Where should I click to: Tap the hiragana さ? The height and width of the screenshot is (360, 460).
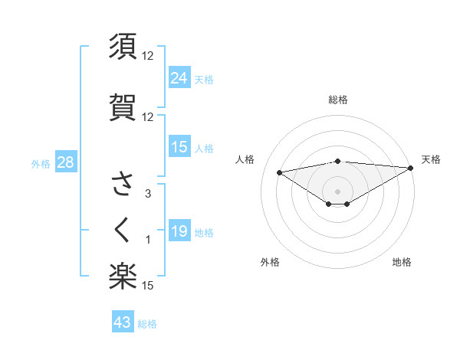coord(123,184)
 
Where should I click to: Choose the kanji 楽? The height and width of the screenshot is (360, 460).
coord(123,277)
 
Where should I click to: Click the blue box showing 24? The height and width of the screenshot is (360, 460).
coord(179,77)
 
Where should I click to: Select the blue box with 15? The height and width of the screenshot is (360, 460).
coord(179,147)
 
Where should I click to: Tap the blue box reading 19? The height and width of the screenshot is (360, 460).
coord(179,231)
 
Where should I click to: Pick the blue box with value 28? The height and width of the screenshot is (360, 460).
coord(65,162)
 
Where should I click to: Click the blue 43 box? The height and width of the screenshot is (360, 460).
coord(123,322)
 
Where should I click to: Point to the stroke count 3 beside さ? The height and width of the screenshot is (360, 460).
coord(148,194)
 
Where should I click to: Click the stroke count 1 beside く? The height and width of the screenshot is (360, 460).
coord(148,241)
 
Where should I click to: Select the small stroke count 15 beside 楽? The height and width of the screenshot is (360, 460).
coord(148,286)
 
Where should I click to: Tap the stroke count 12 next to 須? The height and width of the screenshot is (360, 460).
coord(148,55)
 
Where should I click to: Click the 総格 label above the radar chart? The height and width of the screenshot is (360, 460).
coord(337,100)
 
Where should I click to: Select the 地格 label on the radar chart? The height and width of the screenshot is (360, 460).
coord(402,262)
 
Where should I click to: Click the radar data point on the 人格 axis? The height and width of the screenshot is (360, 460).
coord(280,172)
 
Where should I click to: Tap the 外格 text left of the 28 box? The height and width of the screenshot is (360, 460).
coord(41,163)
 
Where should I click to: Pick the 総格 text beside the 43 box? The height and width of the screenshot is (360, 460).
coord(147,324)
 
